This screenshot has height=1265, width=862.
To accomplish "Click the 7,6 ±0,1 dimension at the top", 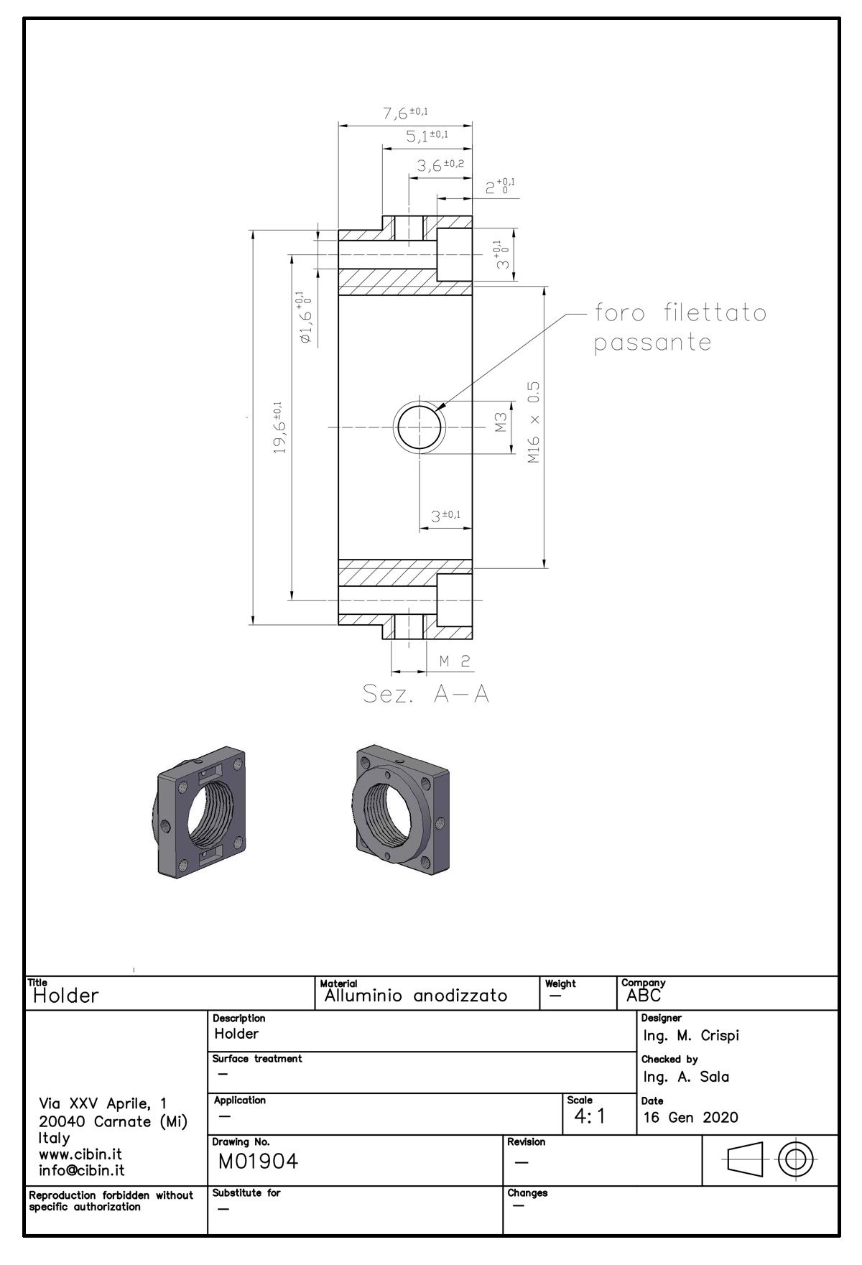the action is coord(405,113).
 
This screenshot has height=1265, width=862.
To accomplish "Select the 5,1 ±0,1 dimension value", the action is coord(427,135).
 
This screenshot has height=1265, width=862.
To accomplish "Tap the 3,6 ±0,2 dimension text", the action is coord(440,165).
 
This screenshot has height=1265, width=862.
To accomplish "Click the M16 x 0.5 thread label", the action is coord(533,422).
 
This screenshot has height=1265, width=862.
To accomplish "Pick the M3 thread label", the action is coord(501,422).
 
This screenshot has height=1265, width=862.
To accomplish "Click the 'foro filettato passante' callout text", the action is coord(680,328).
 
